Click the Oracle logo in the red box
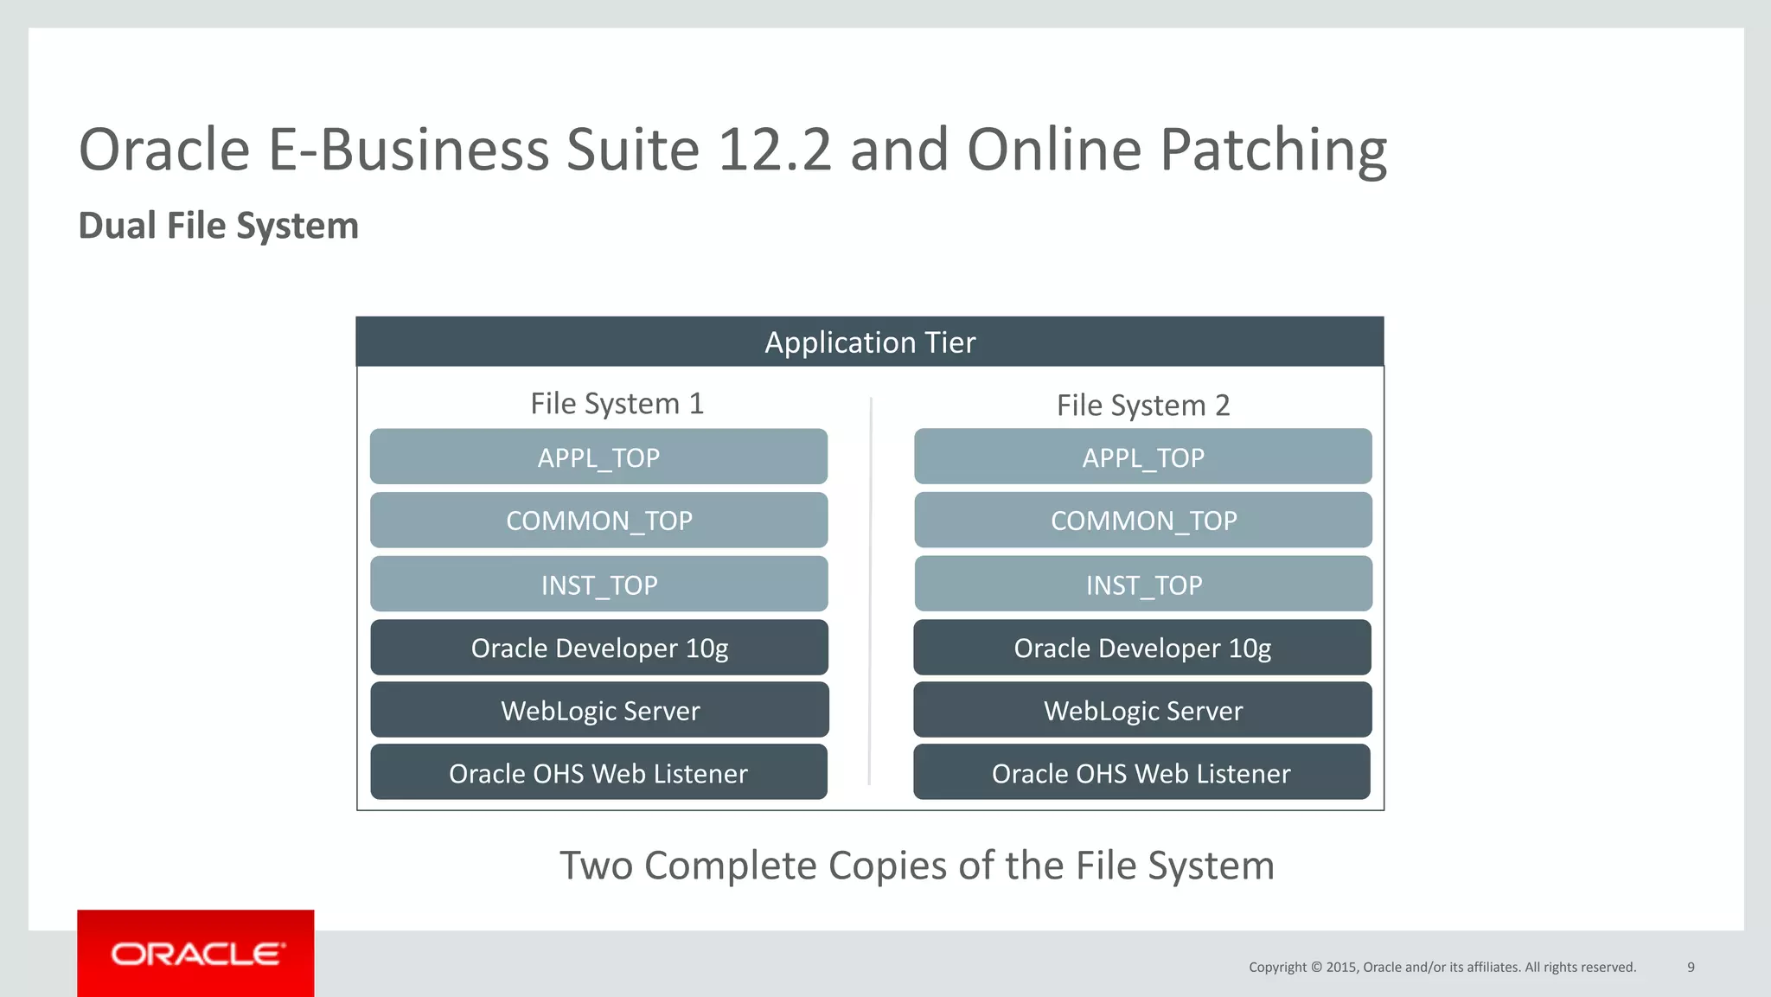tap(196, 954)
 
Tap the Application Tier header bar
tap(869, 342)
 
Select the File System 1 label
tap(617, 404)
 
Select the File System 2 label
tap(1142, 406)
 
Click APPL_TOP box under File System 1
tap(598, 457)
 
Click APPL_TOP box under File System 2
tap(1142, 457)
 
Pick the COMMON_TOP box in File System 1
tap(598, 521)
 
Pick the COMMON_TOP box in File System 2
tap(1142, 521)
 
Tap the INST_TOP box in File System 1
tap(598, 585)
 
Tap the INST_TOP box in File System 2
tap(1142, 585)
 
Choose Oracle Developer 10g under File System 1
tap(598, 648)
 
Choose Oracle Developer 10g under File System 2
tap(1141, 648)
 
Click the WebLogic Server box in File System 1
tap(599, 710)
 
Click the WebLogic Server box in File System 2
tap(1142, 710)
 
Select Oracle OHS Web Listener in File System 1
tap(598, 772)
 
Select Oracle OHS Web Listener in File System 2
tap(1141, 772)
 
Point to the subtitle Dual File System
tap(218, 226)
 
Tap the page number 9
tap(1691, 967)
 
